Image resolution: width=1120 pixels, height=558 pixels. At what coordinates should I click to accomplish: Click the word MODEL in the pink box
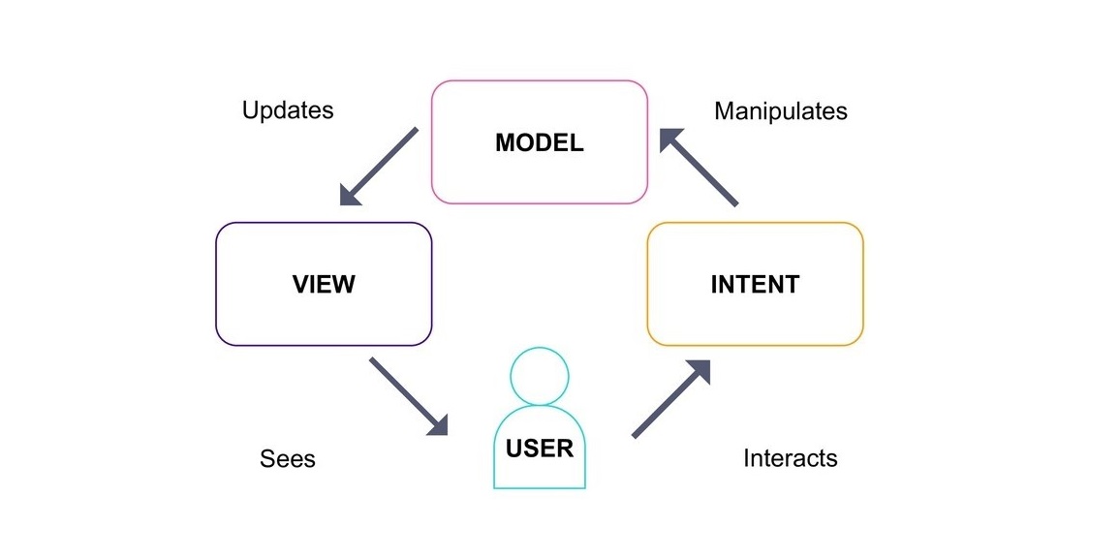[540, 143]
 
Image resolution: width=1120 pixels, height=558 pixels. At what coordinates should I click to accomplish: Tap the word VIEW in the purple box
[324, 285]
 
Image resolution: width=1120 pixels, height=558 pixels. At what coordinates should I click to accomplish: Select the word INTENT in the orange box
[755, 285]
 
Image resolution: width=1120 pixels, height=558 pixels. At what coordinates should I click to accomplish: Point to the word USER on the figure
[540, 449]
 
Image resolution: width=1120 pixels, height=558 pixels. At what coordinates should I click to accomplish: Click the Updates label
[288, 110]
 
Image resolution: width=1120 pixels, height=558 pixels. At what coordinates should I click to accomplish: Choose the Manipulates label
[781, 111]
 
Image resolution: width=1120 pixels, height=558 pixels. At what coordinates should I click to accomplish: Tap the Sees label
[288, 458]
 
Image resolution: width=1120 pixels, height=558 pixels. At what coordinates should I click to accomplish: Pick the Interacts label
[791, 458]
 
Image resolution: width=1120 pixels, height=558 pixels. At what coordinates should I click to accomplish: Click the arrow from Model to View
[379, 167]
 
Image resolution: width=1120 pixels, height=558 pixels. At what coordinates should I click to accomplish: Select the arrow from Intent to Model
[699, 168]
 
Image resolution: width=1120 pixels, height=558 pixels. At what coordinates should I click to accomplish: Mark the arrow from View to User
[409, 396]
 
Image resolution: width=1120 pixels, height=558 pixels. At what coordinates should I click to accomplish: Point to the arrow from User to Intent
[671, 399]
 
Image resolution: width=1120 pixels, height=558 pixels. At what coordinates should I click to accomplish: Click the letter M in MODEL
[504, 143]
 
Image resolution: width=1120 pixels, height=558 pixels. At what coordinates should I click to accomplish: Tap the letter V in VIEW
[300, 285]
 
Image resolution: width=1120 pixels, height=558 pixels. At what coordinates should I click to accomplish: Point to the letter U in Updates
[249, 110]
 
